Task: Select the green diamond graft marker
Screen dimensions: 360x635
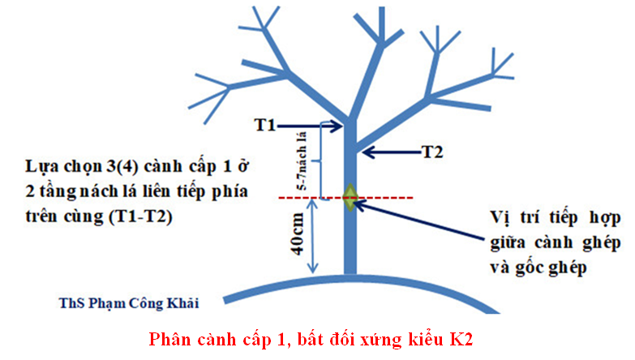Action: [350, 198]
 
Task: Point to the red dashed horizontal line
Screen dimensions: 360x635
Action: [389, 197]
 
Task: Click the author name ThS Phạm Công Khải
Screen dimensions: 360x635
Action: [129, 302]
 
